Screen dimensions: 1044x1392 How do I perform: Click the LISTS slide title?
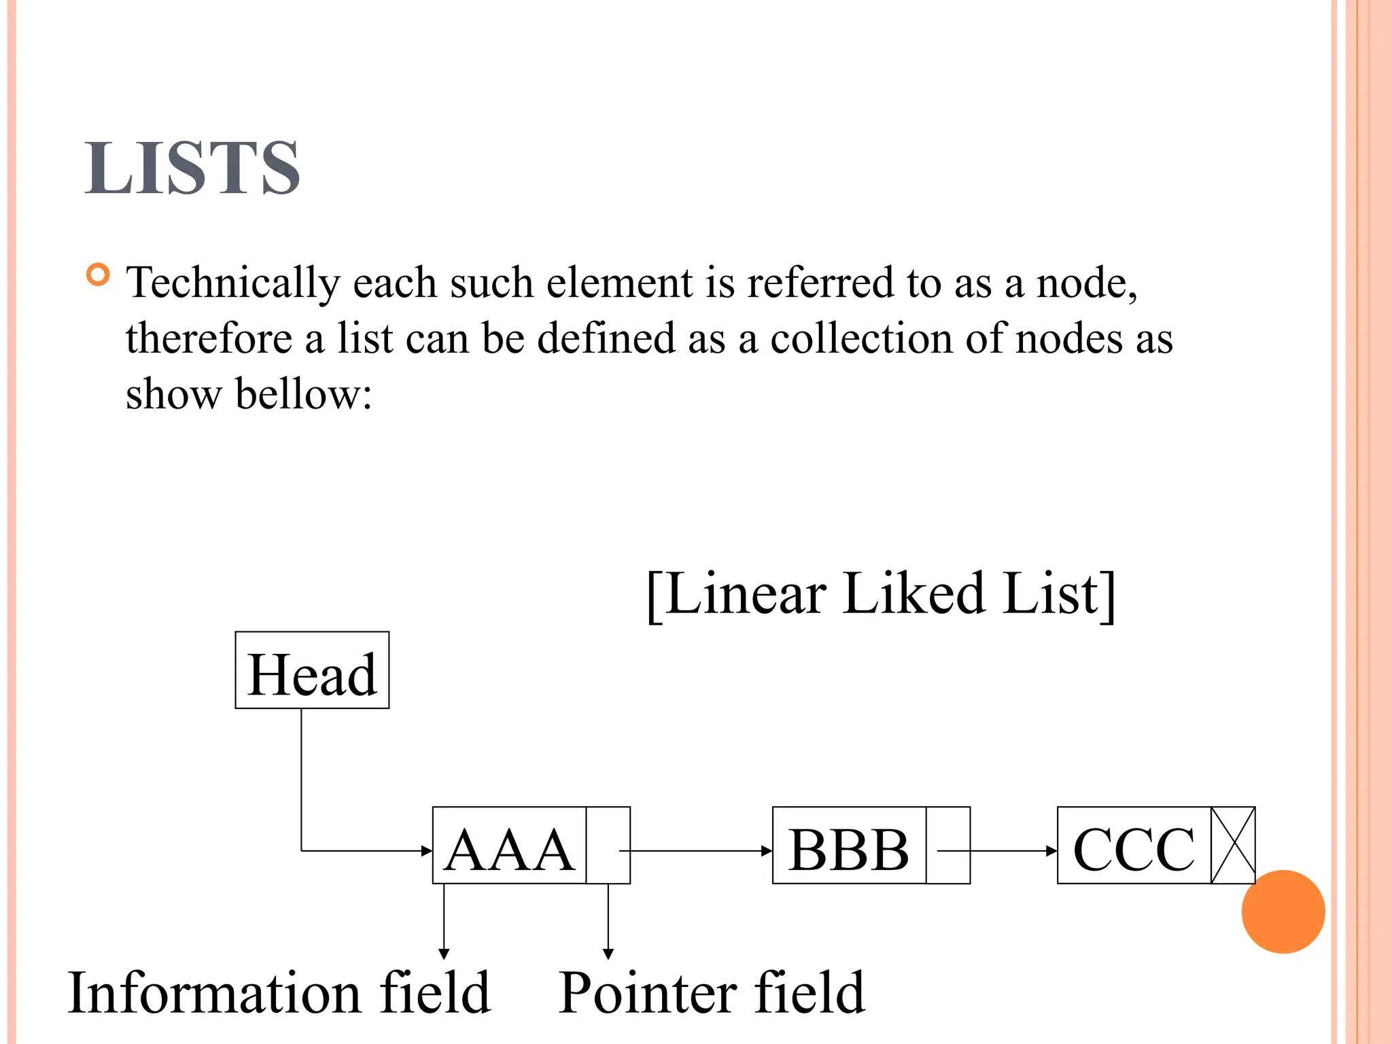(192, 168)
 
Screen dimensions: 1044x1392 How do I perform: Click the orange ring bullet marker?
(99, 275)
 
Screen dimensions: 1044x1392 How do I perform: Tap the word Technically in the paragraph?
(233, 283)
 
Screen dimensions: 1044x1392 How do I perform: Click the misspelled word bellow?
(302, 394)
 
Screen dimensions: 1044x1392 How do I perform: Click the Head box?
(312, 670)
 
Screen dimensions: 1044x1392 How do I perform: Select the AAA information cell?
(508, 846)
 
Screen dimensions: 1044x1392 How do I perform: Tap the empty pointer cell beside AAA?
(608, 846)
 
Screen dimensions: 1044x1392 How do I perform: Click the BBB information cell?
(848, 846)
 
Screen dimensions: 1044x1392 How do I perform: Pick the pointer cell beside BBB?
(947, 846)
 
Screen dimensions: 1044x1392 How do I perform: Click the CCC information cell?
(1134, 846)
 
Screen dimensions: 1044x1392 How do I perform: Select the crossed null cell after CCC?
(1232, 846)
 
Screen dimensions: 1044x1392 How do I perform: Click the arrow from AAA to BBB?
(700, 850)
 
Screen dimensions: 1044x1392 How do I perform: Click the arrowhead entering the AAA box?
(426, 850)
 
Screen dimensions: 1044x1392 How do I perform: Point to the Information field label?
(279, 994)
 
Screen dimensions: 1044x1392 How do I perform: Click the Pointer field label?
(712, 994)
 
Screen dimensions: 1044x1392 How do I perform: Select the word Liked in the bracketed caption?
(913, 594)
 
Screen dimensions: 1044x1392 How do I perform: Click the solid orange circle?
(1283, 911)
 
